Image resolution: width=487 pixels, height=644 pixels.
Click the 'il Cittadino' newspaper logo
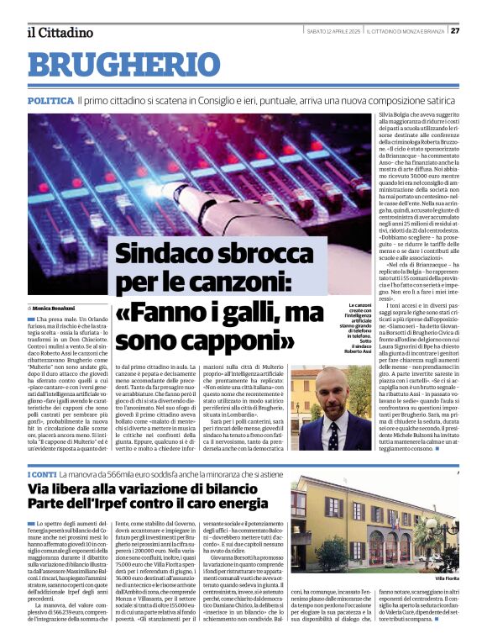click(60, 33)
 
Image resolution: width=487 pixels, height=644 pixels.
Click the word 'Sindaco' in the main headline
click(164, 253)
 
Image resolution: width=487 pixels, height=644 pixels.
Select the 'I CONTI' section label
click(39, 476)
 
